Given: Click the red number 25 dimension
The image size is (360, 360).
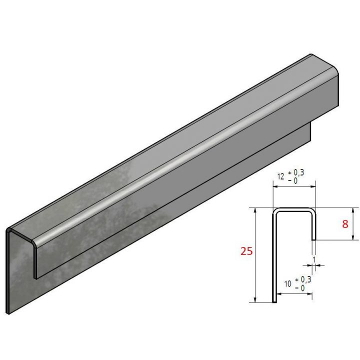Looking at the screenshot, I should [246, 251].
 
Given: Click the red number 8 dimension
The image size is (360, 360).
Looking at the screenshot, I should [345, 224].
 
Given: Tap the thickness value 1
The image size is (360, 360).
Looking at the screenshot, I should [313, 258].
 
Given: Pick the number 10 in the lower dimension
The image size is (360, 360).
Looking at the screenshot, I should [287, 284].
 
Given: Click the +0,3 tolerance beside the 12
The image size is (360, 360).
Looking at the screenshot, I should [294, 172].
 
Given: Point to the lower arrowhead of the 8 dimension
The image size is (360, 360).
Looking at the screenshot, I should [353, 237].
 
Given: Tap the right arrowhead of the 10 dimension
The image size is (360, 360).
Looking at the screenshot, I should [311, 293].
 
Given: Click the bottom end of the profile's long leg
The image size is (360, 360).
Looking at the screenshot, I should [274, 301].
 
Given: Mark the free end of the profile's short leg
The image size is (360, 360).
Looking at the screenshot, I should [313, 239].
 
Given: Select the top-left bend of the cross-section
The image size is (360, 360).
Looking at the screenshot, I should [274, 210].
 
